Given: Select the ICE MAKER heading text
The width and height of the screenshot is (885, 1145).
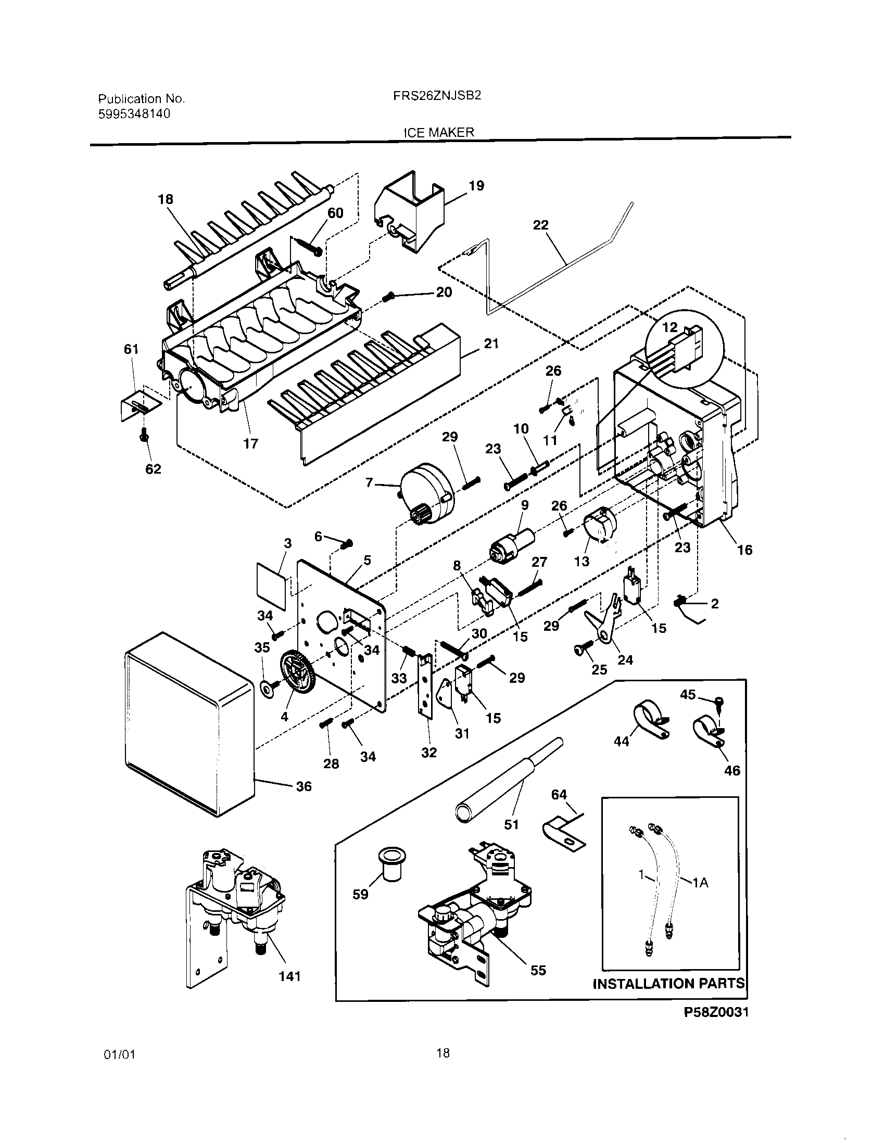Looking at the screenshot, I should [438, 132].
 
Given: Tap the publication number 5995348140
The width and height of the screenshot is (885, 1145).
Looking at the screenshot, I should [134, 114].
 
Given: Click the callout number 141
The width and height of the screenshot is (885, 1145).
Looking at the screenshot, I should [289, 976].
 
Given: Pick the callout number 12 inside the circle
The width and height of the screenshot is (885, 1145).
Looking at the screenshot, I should [669, 327].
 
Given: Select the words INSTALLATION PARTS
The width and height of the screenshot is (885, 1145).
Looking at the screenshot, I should [668, 983].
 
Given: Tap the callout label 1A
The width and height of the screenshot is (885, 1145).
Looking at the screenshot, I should [700, 883].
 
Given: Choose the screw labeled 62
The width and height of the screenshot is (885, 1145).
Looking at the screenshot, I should [145, 435].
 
